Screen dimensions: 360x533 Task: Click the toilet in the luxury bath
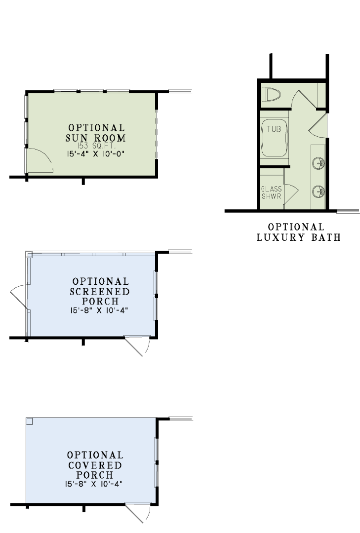pyautogui.click(x=271, y=94)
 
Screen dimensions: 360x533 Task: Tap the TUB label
pyautogui.click(x=274, y=129)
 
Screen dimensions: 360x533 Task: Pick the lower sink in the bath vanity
pyautogui.click(x=319, y=191)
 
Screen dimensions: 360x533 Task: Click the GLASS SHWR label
pyautogui.click(x=272, y=192)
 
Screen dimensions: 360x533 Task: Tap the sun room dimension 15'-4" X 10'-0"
pyautogui.click(x=95, y=153)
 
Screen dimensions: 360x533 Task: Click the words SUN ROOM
pyautogui.click(x=96, y=138)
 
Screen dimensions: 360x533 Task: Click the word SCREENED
pyautogui.click(x=100, y=292)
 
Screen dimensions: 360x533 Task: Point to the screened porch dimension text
pyautogui.click(x=99, y=310)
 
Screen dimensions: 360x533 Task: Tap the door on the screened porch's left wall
pyautogui.click(x=19, y=297)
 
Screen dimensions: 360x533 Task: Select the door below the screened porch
pyautogui.click(x=137, y=346)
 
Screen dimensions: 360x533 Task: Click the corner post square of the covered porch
pyautogui.click(x=30, y=421)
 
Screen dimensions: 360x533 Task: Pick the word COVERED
pyautogui.click(x=95, y=465)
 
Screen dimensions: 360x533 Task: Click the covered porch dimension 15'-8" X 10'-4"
pyautogui.click(x=93, y=484)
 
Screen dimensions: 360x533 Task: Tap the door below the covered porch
pyautogui.click(x=138, y=513)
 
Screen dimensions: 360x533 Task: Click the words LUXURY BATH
pyautogui.click(x=299, y=237)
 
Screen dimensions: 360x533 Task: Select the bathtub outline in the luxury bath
pyautogui.click(x=274, y=138)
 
